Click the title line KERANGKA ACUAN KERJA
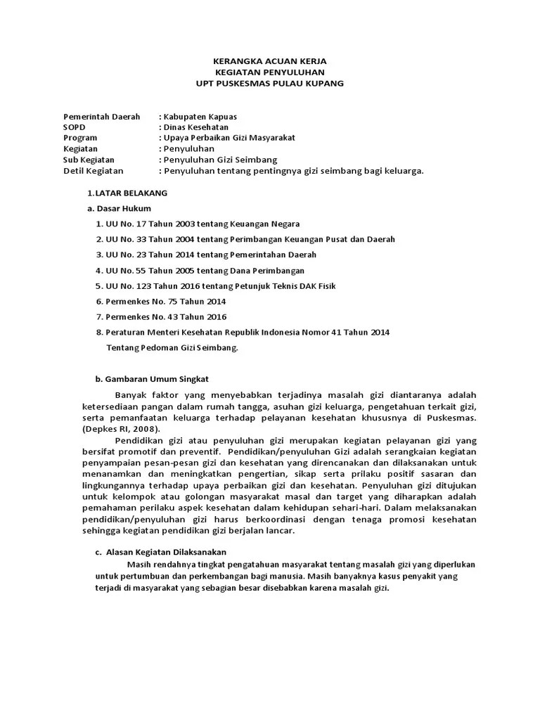point(269,62)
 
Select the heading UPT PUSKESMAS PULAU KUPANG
point(269,84)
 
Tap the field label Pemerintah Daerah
point(102,116)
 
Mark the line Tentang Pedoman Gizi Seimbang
point(172,347)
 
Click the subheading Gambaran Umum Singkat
point(143,378)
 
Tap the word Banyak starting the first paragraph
point(128,395)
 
